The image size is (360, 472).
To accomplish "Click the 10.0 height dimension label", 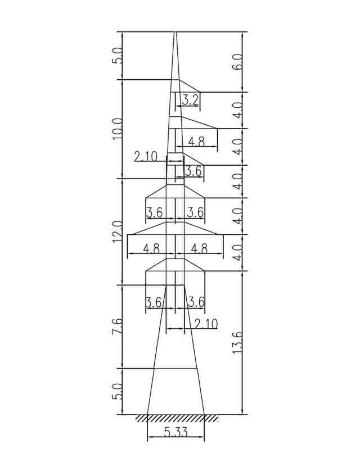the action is coord(117,129).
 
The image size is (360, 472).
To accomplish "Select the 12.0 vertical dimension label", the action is coord(117,232).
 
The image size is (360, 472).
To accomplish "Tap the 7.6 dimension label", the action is coord(117,326).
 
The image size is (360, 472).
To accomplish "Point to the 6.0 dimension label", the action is coord(237,62).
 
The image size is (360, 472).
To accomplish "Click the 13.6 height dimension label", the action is coord(237,343).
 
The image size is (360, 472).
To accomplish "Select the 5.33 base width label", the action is coord(176,432).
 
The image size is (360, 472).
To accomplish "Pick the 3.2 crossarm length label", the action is coord(190,99).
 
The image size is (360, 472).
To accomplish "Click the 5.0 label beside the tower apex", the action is coord(117,55).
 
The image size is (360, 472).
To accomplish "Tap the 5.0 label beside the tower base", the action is coord(117,391).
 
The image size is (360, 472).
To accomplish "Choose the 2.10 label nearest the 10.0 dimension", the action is coord(146,157).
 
